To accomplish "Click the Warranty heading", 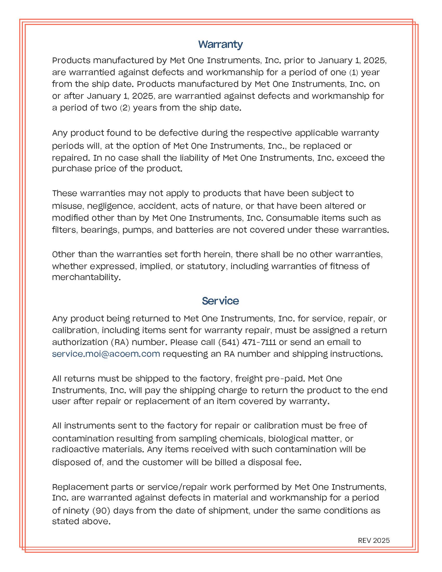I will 220,44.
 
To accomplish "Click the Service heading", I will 220,301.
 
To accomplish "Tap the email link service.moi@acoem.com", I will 106,354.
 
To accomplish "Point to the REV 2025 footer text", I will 374,541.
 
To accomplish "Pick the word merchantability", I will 86,277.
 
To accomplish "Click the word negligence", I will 110,206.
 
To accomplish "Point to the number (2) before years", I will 125,108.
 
